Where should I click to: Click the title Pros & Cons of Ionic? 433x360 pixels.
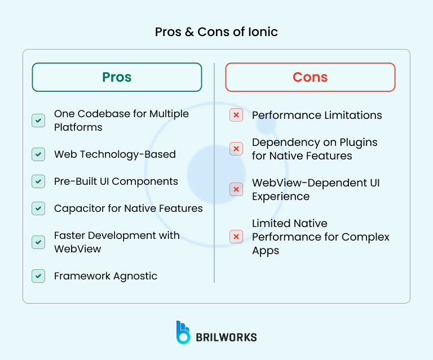pyautogui.click(x=216, y=32)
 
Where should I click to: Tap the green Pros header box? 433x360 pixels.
pyautogui.click(x=117, y=77)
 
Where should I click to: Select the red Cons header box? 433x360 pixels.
pyautogui.click(x=310, y=77)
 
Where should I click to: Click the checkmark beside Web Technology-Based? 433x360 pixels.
pyautogui.click(x=38, y=154)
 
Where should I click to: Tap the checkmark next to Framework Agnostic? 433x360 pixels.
pyautogui.click(x=38, y=276)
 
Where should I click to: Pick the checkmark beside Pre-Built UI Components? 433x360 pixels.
pyautogui.click(x=38, y=181)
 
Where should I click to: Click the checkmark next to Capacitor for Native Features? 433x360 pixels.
pyautogui.click(x=38, y=208)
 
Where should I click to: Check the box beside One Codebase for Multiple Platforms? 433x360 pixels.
pyautogui.click(x=38, y=121)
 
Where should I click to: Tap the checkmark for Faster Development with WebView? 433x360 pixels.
pyautogui.click(x=38, y=242)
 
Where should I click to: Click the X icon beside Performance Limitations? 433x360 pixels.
pyautogui.click(x=236, y=115)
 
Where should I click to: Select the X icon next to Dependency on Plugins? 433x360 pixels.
pyautogui.click(x=236, y=149)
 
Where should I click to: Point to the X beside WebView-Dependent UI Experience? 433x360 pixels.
pyautogui.click(x=236, y=189)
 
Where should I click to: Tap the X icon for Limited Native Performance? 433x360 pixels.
pyautogui.click(x=236, y=237)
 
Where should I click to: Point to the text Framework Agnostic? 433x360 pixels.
pyautogui.click(x=105, y=276)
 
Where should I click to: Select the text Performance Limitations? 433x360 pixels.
pyautogui.click(x=317, y=115)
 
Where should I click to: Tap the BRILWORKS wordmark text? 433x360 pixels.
pyautogui.click(x=226, y=337)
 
